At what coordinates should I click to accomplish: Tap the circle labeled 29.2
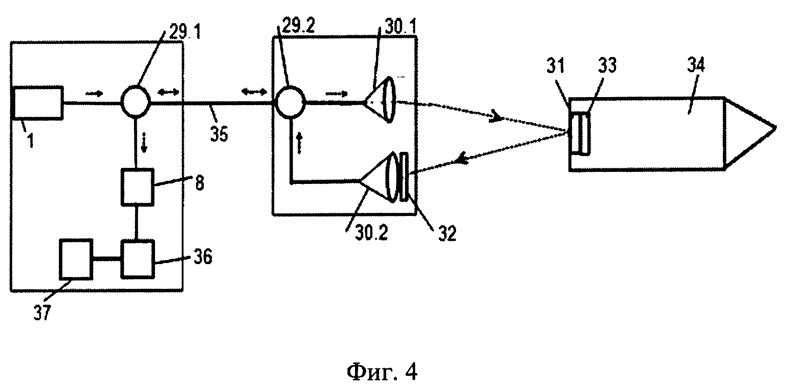(x=290, y=103)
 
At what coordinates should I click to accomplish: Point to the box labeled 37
(x=76, y=259)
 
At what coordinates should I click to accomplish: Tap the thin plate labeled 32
(x=404, y=177)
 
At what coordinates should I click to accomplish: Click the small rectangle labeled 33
(x=584, y=134)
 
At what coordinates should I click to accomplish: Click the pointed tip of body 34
(x=776, y=127)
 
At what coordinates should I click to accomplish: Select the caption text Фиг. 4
(x=382, y=371)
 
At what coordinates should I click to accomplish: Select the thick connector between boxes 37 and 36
(x=107, y=259)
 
